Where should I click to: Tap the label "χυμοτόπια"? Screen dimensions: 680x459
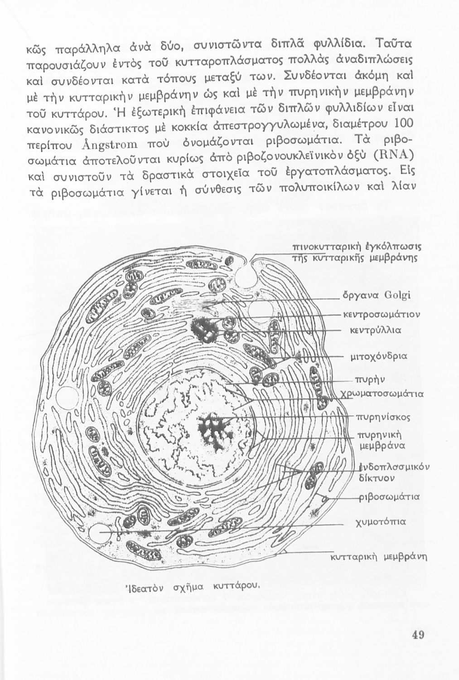[x=380, y=522]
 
